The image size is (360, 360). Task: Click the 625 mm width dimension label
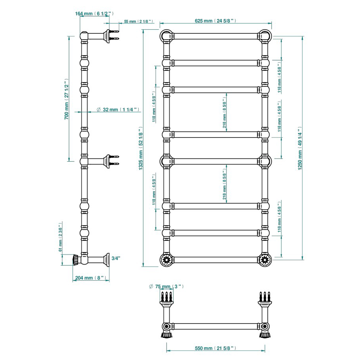click(215, 21)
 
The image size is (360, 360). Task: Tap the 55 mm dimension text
click(138, 21)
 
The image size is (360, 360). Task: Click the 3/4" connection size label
click(116, 259)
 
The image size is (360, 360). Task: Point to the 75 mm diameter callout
click(166, 286)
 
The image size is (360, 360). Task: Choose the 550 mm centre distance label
click(216, 348)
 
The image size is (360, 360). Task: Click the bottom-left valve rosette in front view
click(165, 260)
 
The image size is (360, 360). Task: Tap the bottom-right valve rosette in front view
click(265, 260)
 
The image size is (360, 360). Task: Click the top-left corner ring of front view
click(165, 36)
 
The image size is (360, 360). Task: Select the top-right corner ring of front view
click(265, 36)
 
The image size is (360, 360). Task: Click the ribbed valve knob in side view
click(76, 260)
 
